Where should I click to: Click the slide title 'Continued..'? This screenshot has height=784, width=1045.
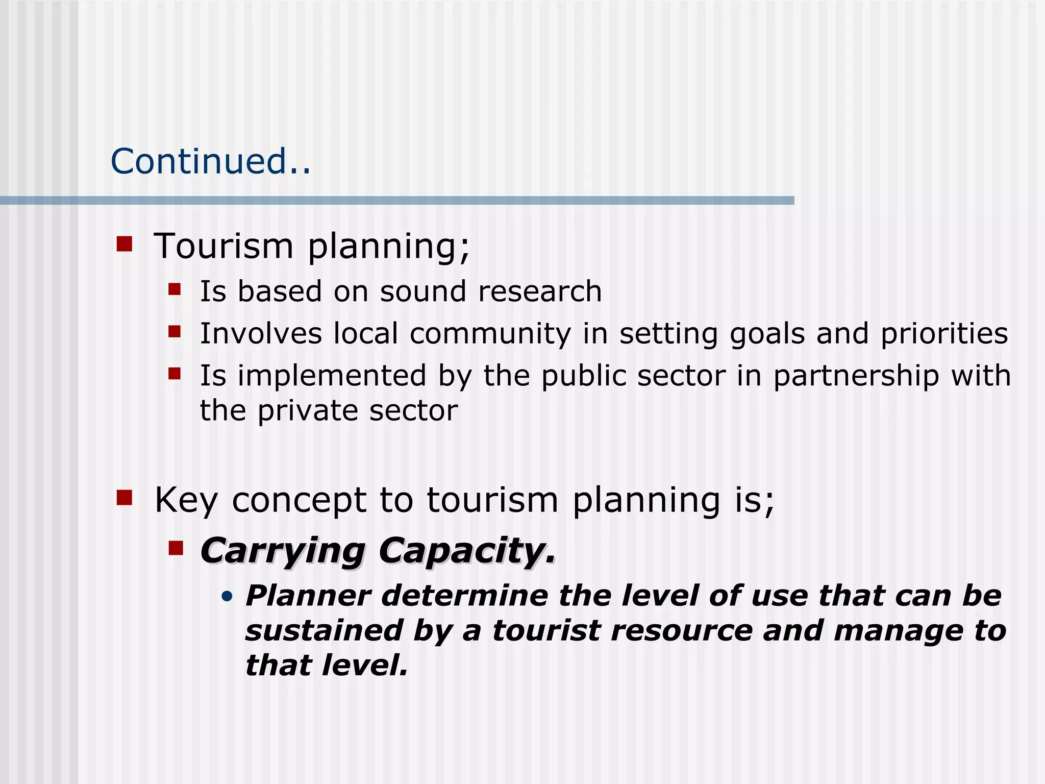coord(210,161)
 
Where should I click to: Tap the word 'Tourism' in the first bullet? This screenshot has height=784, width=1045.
coord(223,246)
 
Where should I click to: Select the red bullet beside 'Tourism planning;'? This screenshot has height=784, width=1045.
coord(125,244)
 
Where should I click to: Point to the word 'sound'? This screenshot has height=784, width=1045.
coord(423,291)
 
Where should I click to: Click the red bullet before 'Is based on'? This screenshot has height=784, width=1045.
coord(175,290)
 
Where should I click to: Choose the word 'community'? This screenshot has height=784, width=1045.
coord(490,334)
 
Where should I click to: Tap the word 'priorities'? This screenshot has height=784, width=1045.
coord(944,334)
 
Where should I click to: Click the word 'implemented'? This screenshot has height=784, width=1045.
coord(332,376)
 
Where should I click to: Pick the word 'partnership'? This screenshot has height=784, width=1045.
coord(856,376)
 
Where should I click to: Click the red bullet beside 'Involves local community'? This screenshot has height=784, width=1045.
coord(175,332)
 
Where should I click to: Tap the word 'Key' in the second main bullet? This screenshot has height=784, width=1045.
coord(186,500)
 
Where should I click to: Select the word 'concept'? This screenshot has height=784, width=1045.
coord(299,500)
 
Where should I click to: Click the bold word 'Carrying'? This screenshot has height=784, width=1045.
coord(282,551)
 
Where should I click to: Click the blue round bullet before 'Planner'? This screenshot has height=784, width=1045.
coord(227,596)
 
